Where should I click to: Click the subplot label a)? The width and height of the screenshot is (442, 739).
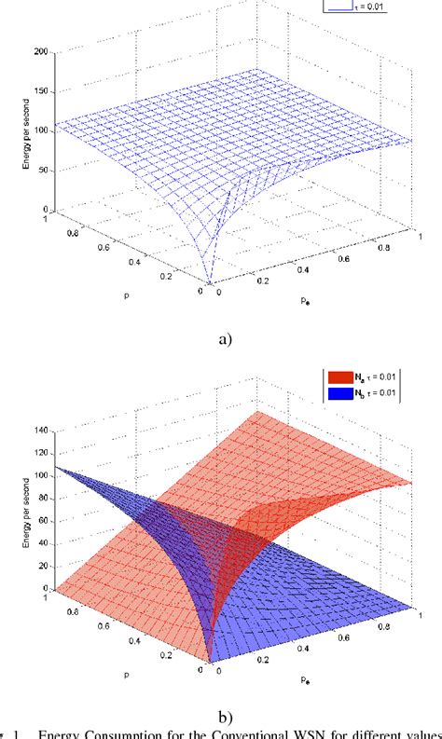click(222, 339)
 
